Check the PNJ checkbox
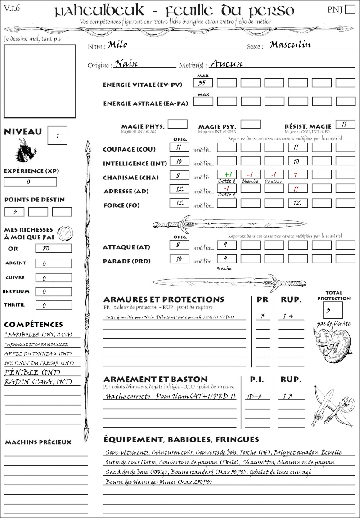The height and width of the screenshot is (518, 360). [349, 10]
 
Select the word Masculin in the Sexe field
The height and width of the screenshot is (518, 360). [290, 45]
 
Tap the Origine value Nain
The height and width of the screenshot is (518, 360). [126, 63]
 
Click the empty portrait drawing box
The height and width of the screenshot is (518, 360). [40, 81]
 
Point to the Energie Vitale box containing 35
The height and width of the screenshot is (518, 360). [203, 83]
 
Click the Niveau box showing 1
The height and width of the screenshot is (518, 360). [58, 135]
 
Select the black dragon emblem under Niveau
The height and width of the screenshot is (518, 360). [26, 151]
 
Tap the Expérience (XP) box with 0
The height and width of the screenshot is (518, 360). [30, 182]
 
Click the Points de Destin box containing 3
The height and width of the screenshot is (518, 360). [14, 211]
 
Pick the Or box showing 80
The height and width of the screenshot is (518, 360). [53, 248]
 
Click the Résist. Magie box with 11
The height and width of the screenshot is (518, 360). [345, 124]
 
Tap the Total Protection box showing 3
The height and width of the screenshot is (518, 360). [333, 310]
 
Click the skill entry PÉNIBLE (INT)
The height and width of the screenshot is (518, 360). [32, 373]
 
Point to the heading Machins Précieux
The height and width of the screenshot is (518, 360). [38, 442]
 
